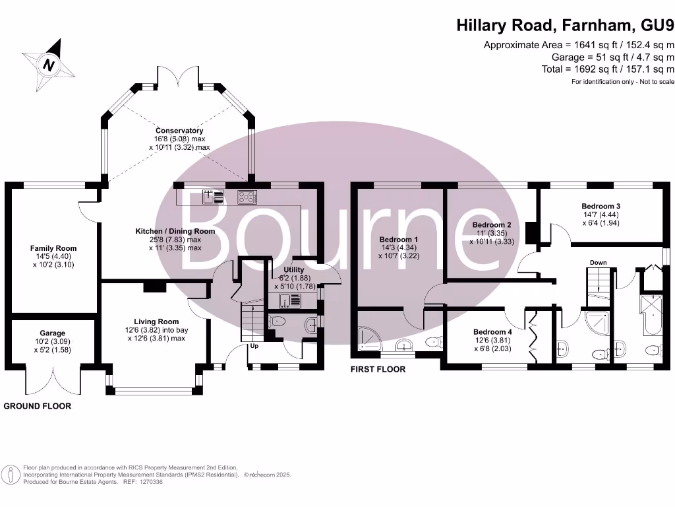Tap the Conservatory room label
coord(179,131)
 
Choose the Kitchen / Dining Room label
coord(175,231)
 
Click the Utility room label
coord(294,269)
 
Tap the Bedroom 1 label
coord(399,239)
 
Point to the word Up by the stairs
coord(254,346)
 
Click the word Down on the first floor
coord(598,263)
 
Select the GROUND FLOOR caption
coord(38,406)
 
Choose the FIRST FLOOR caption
coord(378,369)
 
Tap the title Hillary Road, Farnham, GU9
coord(566,26)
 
